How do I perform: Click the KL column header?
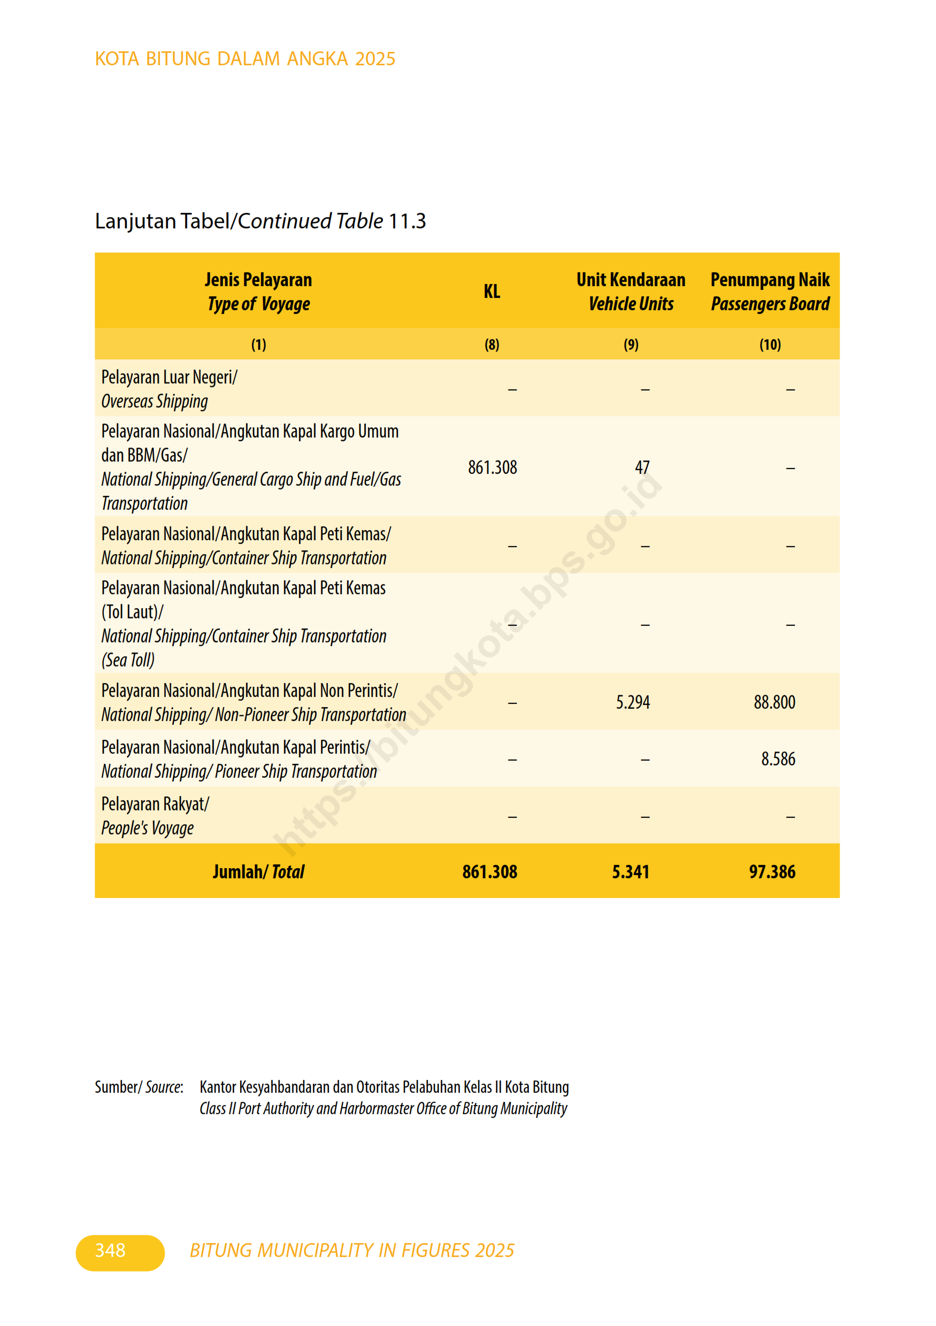click(492, 291)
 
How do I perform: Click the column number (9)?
click(631, 345)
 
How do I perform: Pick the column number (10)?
click(770, 345)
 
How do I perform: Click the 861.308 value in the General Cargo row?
click(492, 467)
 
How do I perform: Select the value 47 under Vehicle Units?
click(642, 466)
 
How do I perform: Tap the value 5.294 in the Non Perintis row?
click(633, 702)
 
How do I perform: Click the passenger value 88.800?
click(774, 702)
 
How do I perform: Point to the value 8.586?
click(778, 759)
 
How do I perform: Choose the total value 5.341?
click(631, 871)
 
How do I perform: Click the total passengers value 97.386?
click(772, 871)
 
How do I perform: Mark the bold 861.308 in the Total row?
click(489, 871)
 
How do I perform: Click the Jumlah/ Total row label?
click(258, 871)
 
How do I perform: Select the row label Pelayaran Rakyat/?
click(155, 804)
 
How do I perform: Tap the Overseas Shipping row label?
click(155, 401)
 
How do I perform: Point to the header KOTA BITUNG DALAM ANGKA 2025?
click(245, 59)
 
